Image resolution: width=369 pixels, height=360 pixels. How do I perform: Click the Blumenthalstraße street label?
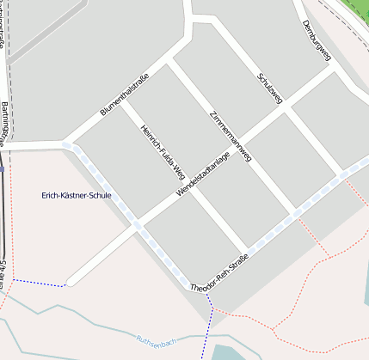coord(126,90)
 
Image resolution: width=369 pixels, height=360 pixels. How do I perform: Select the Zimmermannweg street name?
coord(231,136)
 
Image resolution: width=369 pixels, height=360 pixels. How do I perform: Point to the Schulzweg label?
coord(269,88)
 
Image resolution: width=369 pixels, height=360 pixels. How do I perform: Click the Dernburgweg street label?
coord(317,40)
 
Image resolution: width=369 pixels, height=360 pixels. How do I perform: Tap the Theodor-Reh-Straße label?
coord(219,273)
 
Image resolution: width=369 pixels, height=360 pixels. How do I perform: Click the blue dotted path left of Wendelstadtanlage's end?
coord(39,283)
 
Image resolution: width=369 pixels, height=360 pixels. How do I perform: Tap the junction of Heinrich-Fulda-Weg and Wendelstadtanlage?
coord(189,187)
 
